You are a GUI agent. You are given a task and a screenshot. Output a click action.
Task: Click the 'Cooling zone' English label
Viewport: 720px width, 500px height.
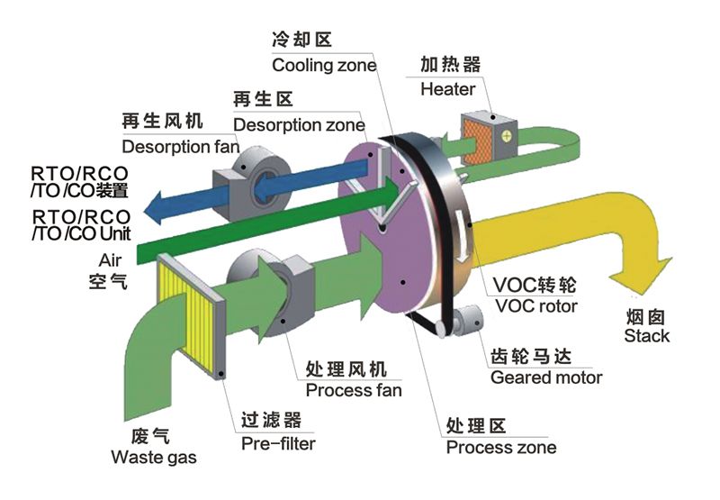(x=324, y=65)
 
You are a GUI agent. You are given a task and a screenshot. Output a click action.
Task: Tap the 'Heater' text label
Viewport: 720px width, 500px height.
(x=447, y=89)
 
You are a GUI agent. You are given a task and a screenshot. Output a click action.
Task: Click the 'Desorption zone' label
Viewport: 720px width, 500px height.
(x=299, y=124)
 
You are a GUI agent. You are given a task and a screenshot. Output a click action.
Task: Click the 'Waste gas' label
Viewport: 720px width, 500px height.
(x=154, y=458)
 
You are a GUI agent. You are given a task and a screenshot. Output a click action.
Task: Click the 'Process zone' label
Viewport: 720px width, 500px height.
(x=501, y=447)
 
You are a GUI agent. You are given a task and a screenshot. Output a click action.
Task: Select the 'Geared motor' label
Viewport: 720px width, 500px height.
(x=546, y=377)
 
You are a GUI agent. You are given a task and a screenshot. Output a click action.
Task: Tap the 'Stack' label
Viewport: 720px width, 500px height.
(x=648, y=336)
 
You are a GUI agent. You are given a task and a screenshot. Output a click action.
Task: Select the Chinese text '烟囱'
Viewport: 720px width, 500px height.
(x=648, y=317)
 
